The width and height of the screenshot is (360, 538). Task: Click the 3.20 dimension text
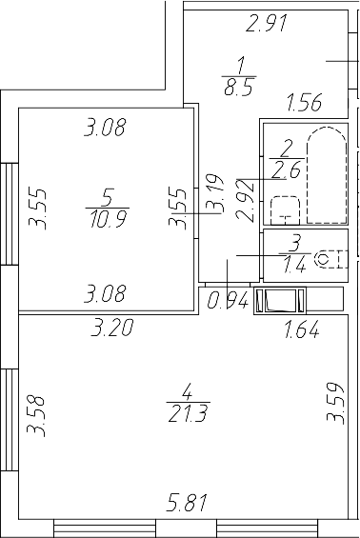[110, 330]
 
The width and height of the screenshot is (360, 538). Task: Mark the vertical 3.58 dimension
[37, 416]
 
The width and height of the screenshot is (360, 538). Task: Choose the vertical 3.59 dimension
[333, 416]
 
